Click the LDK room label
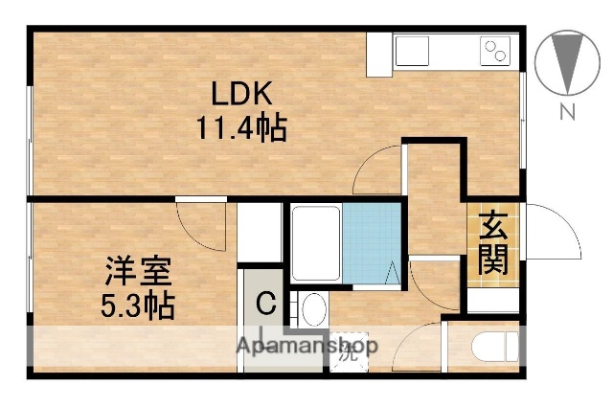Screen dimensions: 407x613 [242, 96]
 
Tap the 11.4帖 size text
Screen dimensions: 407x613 [242, 127]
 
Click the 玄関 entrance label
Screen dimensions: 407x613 [494, 243]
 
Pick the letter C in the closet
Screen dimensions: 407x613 [267, 305]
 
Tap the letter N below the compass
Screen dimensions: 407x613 [567, 112]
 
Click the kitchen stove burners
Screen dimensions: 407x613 [496, 50]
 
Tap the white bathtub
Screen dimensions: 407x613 [315, 244]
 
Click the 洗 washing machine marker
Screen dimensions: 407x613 [348, 350]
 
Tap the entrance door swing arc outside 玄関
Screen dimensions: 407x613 [554, 235]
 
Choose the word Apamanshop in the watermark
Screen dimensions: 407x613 [307, 345]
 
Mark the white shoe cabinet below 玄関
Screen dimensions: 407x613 [494, 297]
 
